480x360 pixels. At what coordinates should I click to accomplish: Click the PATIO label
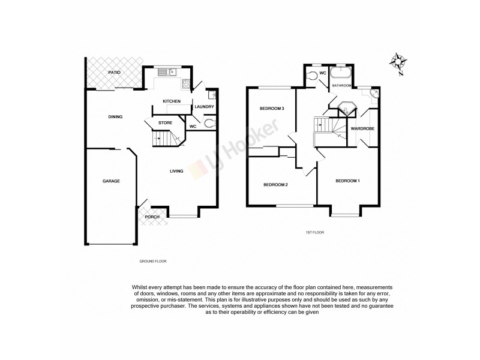114,73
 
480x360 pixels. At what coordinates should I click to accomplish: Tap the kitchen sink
166,73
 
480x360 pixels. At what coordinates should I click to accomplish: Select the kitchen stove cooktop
185,84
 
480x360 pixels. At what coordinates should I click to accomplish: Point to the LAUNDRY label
204,107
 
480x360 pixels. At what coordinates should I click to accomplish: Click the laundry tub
211,95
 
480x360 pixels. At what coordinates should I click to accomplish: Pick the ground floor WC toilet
208,124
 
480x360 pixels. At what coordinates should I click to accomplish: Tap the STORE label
166,123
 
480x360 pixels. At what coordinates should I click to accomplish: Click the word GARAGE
110,181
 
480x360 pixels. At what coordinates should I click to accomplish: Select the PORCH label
152,217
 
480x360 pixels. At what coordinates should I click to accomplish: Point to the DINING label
115,116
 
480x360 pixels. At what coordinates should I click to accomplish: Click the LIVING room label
176,172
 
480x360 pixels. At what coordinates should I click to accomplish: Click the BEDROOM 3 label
271,109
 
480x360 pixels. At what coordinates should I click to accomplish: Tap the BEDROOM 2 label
276,184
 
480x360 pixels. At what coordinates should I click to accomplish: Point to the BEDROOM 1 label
348,181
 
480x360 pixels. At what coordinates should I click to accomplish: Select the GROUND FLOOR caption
152,262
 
